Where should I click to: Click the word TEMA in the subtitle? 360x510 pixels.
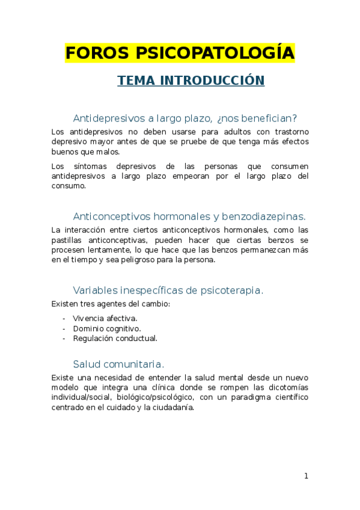pyautogui.click(x=135, y=81)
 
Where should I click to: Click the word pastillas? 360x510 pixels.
pyautogui.click(x=67, y=239)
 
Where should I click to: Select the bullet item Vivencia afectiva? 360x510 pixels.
pyautogui.click(x=105, y=318)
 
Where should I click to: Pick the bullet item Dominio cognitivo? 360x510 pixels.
pyautogui.click(x=107, y=328)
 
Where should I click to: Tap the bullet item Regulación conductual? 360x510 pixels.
pyautogui.click(x=115, y=338)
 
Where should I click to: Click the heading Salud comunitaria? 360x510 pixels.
pyautogui.click(x=118, y=364)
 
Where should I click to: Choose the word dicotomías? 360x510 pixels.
pyautogui.click(x=285, y=387)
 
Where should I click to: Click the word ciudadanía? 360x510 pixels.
pyautogui.click(x=173, y=407)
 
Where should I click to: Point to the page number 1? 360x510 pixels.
pyautogui.click(x=306, y=476)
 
